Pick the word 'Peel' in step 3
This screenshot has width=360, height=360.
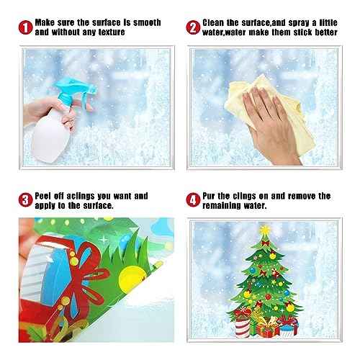click(x=48, y=195)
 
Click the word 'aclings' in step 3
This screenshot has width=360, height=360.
click(x=86, y=195)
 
